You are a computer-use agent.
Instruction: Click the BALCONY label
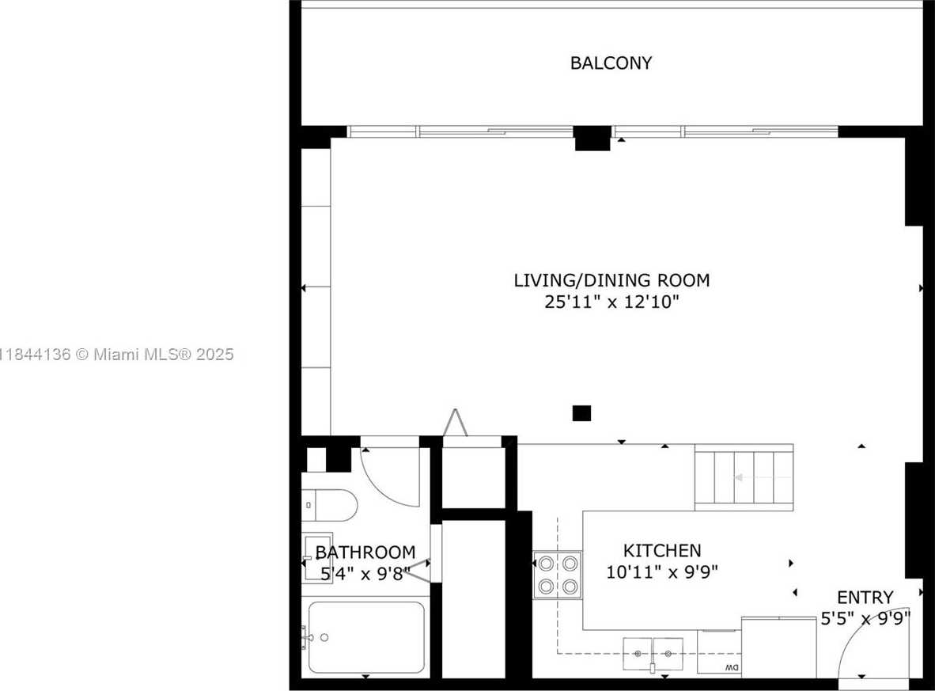pos(611,63)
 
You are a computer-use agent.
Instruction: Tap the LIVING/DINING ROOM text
pos(611,280)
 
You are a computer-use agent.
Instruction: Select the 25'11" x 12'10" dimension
pos(611,302)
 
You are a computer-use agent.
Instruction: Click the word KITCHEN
pos(662,551)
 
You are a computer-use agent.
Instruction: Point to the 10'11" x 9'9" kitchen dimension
pos(662,571)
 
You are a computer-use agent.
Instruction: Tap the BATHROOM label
pos(365,552)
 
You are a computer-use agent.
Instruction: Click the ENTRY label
pos(865,598)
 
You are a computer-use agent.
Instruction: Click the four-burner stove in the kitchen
pos(557,575)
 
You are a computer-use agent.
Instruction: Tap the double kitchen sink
pos(653,654)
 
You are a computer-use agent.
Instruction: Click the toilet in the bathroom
pos(330,503)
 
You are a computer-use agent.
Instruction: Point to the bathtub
pos(366,637)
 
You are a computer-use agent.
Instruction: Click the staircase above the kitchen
pos(744,477)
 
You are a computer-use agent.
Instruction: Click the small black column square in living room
pos(581,412)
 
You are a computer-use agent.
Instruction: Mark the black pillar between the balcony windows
pos(592,139)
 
